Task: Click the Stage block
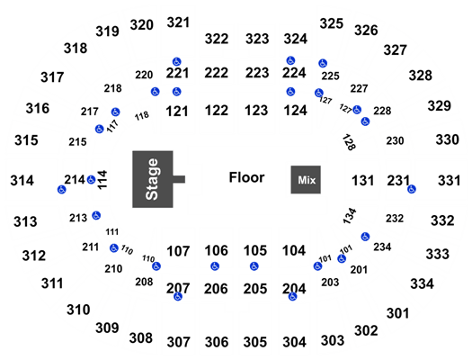coord(153,179)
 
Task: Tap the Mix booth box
coord(306,179)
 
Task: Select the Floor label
coord(246,177)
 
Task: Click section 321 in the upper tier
coord(178,22)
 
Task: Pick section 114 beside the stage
coord(102,180)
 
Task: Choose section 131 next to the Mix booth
coord(362,181)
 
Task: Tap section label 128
coord(349,142)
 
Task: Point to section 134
coord(350,216)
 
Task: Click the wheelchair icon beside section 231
coord(412,189)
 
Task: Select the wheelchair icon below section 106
coord(215,266)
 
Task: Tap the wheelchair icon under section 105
coord(254,266)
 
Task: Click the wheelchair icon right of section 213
coord(96,215)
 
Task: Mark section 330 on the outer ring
coord(448,139)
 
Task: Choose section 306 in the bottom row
coord(217,342)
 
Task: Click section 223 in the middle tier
coord(257,73)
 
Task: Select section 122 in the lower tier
coord(217,111)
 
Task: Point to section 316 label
coord(38,109)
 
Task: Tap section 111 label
coord(112,232)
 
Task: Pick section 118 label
coord(141,116)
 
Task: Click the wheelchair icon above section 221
coord(177,62)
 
